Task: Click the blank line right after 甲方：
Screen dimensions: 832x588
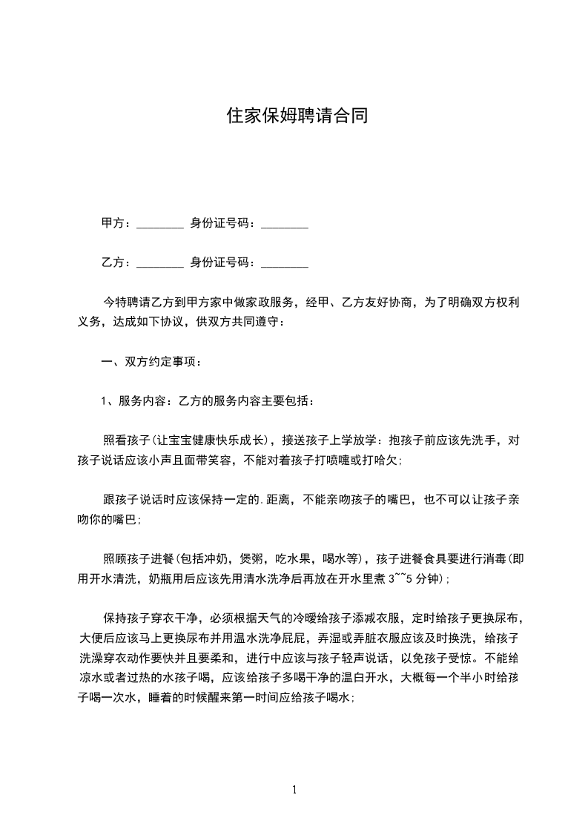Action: point(160,223)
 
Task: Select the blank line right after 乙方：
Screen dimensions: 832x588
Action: point(160,263)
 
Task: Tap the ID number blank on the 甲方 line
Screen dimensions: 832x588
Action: point(285,223)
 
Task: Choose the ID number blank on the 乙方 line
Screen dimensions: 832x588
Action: point(285,263)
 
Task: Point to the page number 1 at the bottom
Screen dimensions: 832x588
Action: point(294,789)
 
